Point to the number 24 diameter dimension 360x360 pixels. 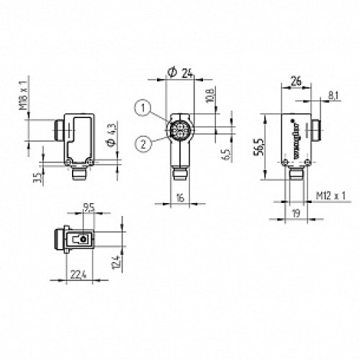click(x=183, y=72)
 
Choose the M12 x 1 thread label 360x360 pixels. click(x=330, y=196)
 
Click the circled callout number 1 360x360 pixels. click(x=145, y=108)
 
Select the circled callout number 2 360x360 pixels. click(x=145, y=142)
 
